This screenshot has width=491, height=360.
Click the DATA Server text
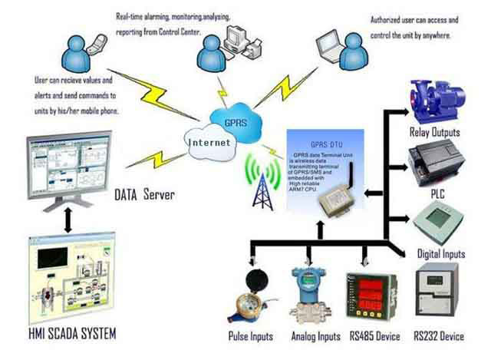[145, 196]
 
